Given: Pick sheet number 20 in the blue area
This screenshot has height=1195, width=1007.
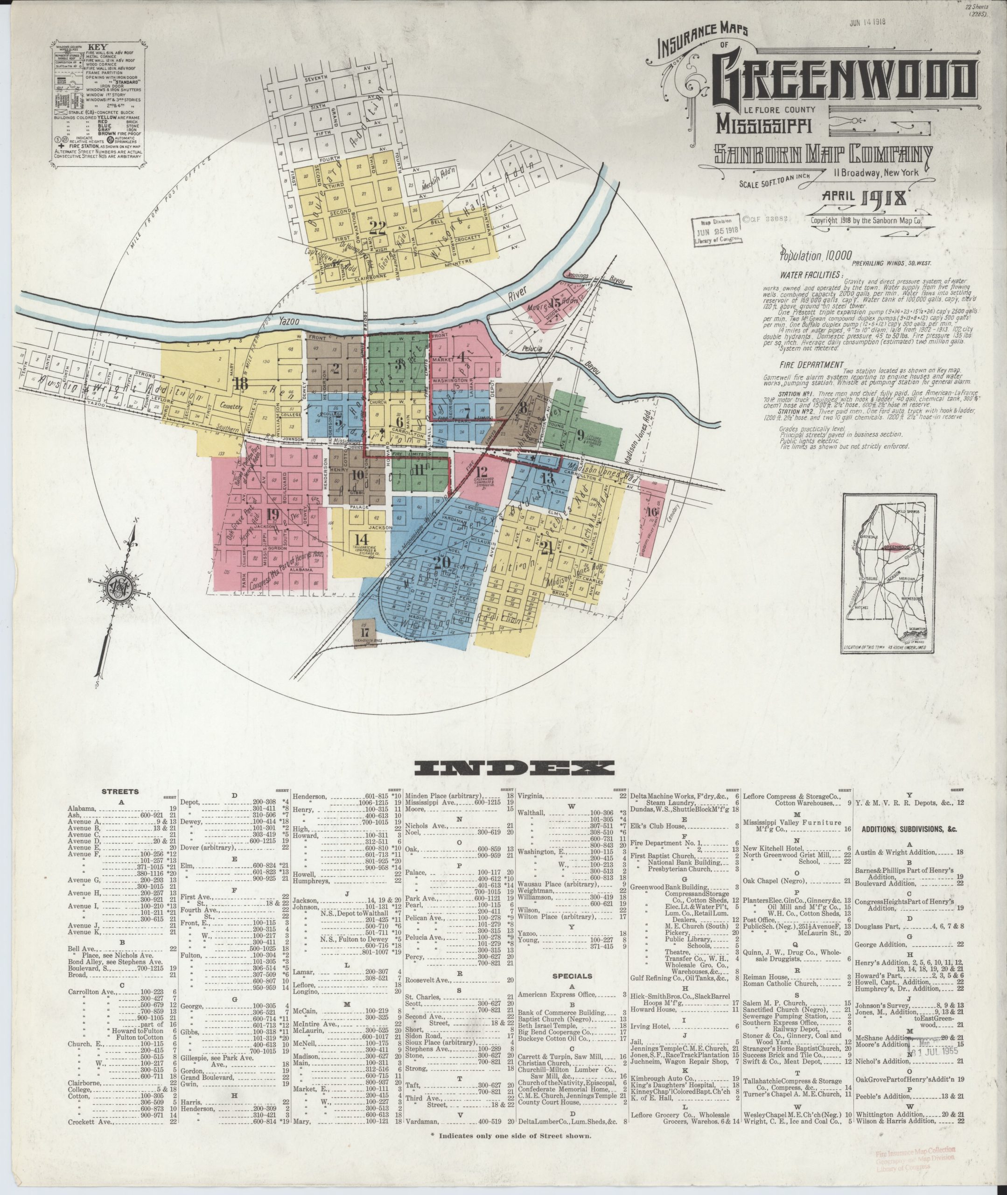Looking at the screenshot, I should [442, 562].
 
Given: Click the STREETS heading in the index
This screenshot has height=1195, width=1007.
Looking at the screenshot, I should [120, 792].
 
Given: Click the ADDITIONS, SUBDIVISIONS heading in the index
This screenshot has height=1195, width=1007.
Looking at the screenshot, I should [909, 829].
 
